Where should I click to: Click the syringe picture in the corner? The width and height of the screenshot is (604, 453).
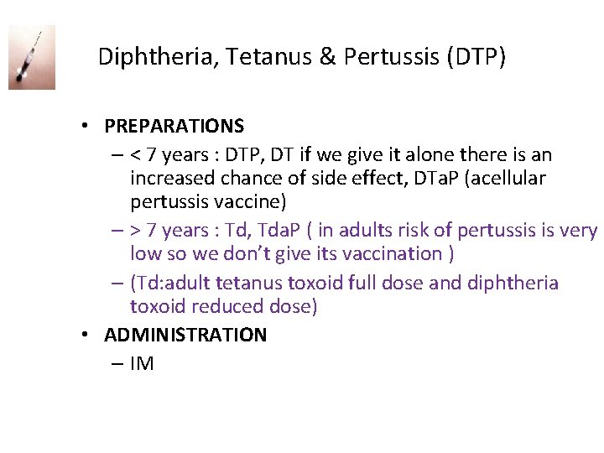pos(32,57)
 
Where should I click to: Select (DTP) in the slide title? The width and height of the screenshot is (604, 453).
pos(476,57)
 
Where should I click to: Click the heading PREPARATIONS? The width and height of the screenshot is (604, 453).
pos(174,126)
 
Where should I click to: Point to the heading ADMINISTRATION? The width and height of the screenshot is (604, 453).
pos(185,335)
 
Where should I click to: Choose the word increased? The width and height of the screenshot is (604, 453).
pos(173,178)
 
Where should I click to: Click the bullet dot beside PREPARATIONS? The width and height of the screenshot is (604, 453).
pos(86,127)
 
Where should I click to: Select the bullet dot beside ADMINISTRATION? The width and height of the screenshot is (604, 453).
pos(86,336)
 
